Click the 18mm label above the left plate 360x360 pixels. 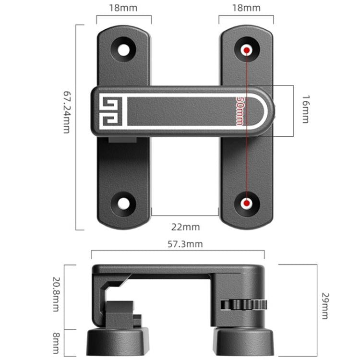coord(124,8)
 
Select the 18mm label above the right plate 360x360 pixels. coord(246,8)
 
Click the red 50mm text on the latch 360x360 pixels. coord(239,110)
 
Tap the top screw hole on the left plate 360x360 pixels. coord(124,49)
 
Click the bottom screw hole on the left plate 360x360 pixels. coord(124,203)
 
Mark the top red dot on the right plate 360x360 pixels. coord(247,50)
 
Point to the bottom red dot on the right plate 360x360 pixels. coord(247,204)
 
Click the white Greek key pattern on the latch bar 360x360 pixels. coord(111,110)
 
